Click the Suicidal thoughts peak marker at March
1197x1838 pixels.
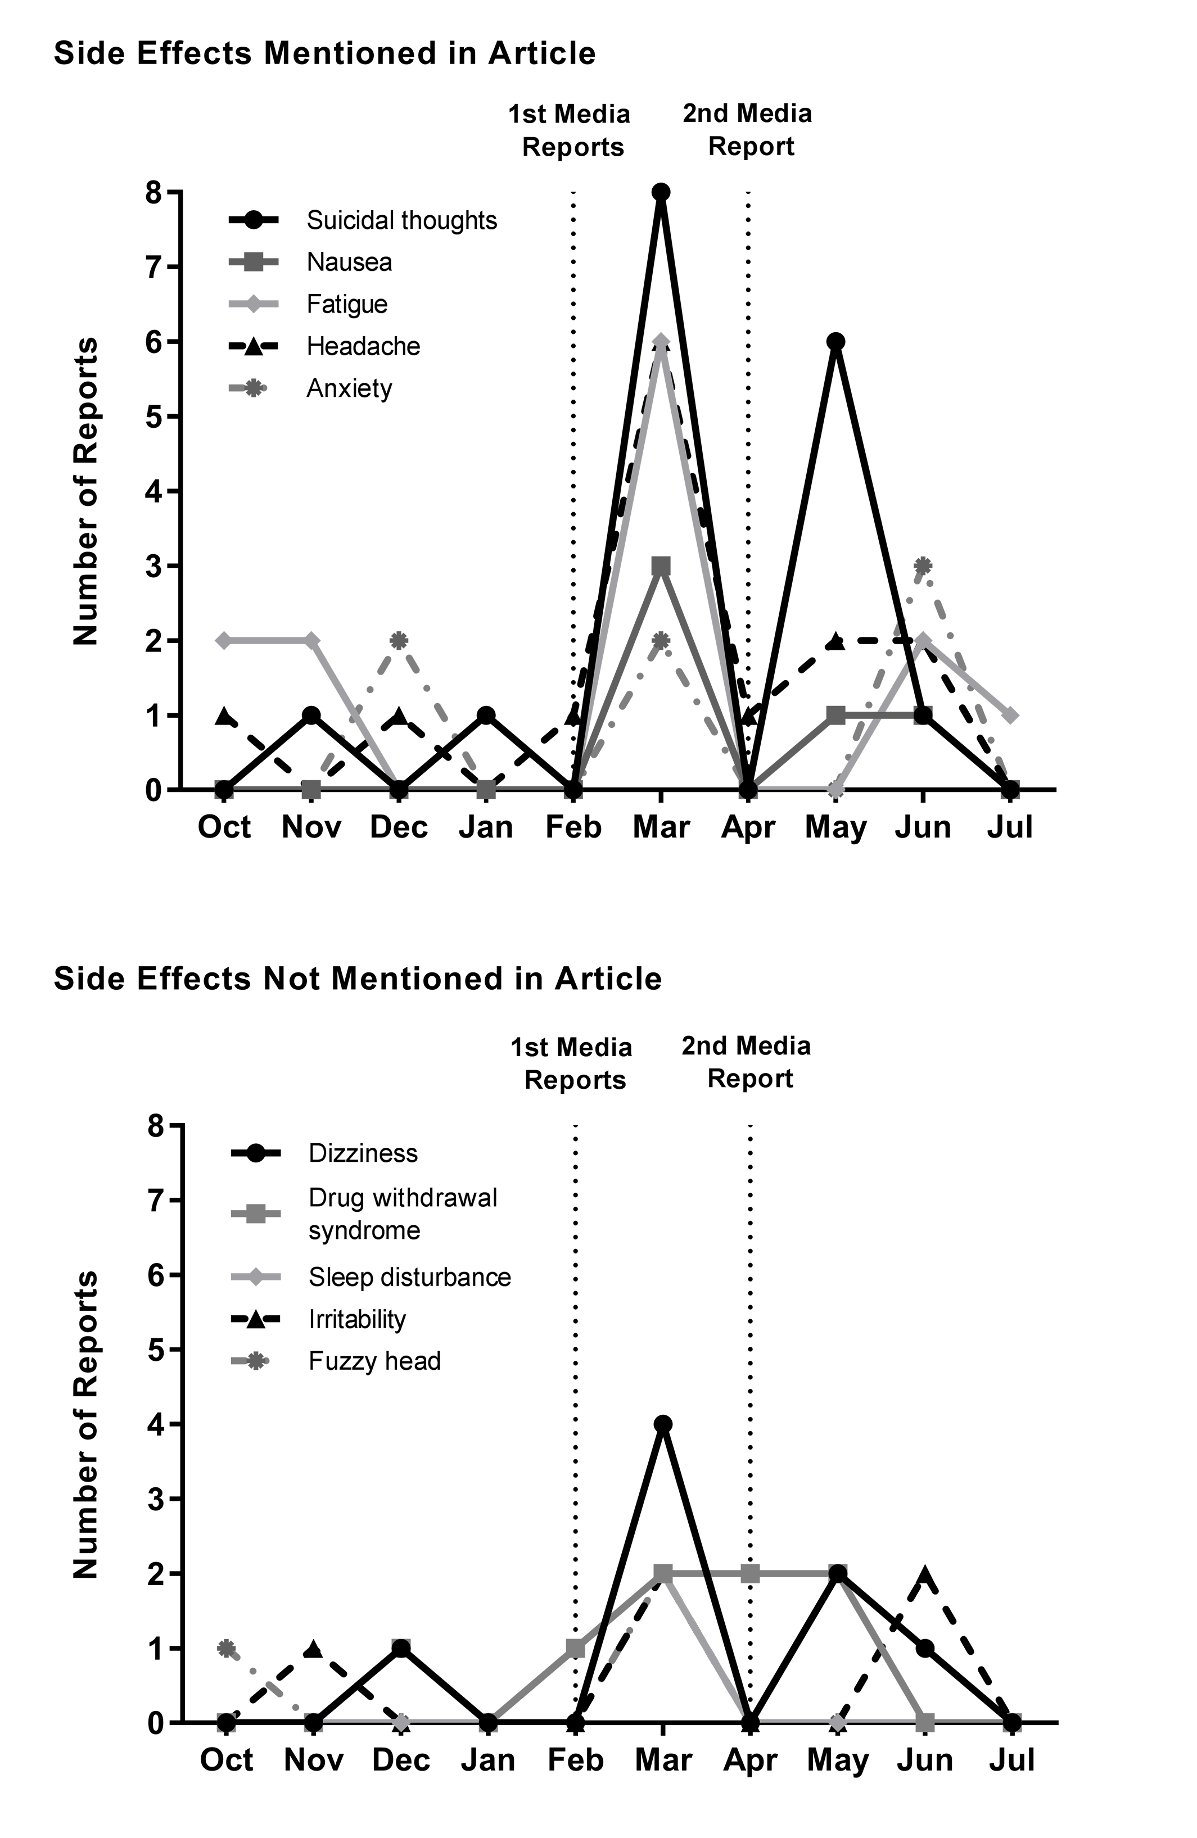tap(660, 192)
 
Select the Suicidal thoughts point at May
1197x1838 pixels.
tap(835, 341)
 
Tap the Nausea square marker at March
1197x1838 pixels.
tap(660, 566)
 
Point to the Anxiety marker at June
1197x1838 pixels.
tap(922, 566)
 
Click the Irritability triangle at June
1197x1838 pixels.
tap(924, 1574)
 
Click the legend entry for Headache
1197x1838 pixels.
tap(325, 346)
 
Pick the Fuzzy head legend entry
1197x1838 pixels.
tap(336, 1361)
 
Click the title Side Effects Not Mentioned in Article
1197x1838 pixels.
tap(358, 979)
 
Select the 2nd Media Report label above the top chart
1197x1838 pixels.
tap(748, 130)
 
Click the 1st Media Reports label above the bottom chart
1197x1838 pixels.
tap(572, 1063)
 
